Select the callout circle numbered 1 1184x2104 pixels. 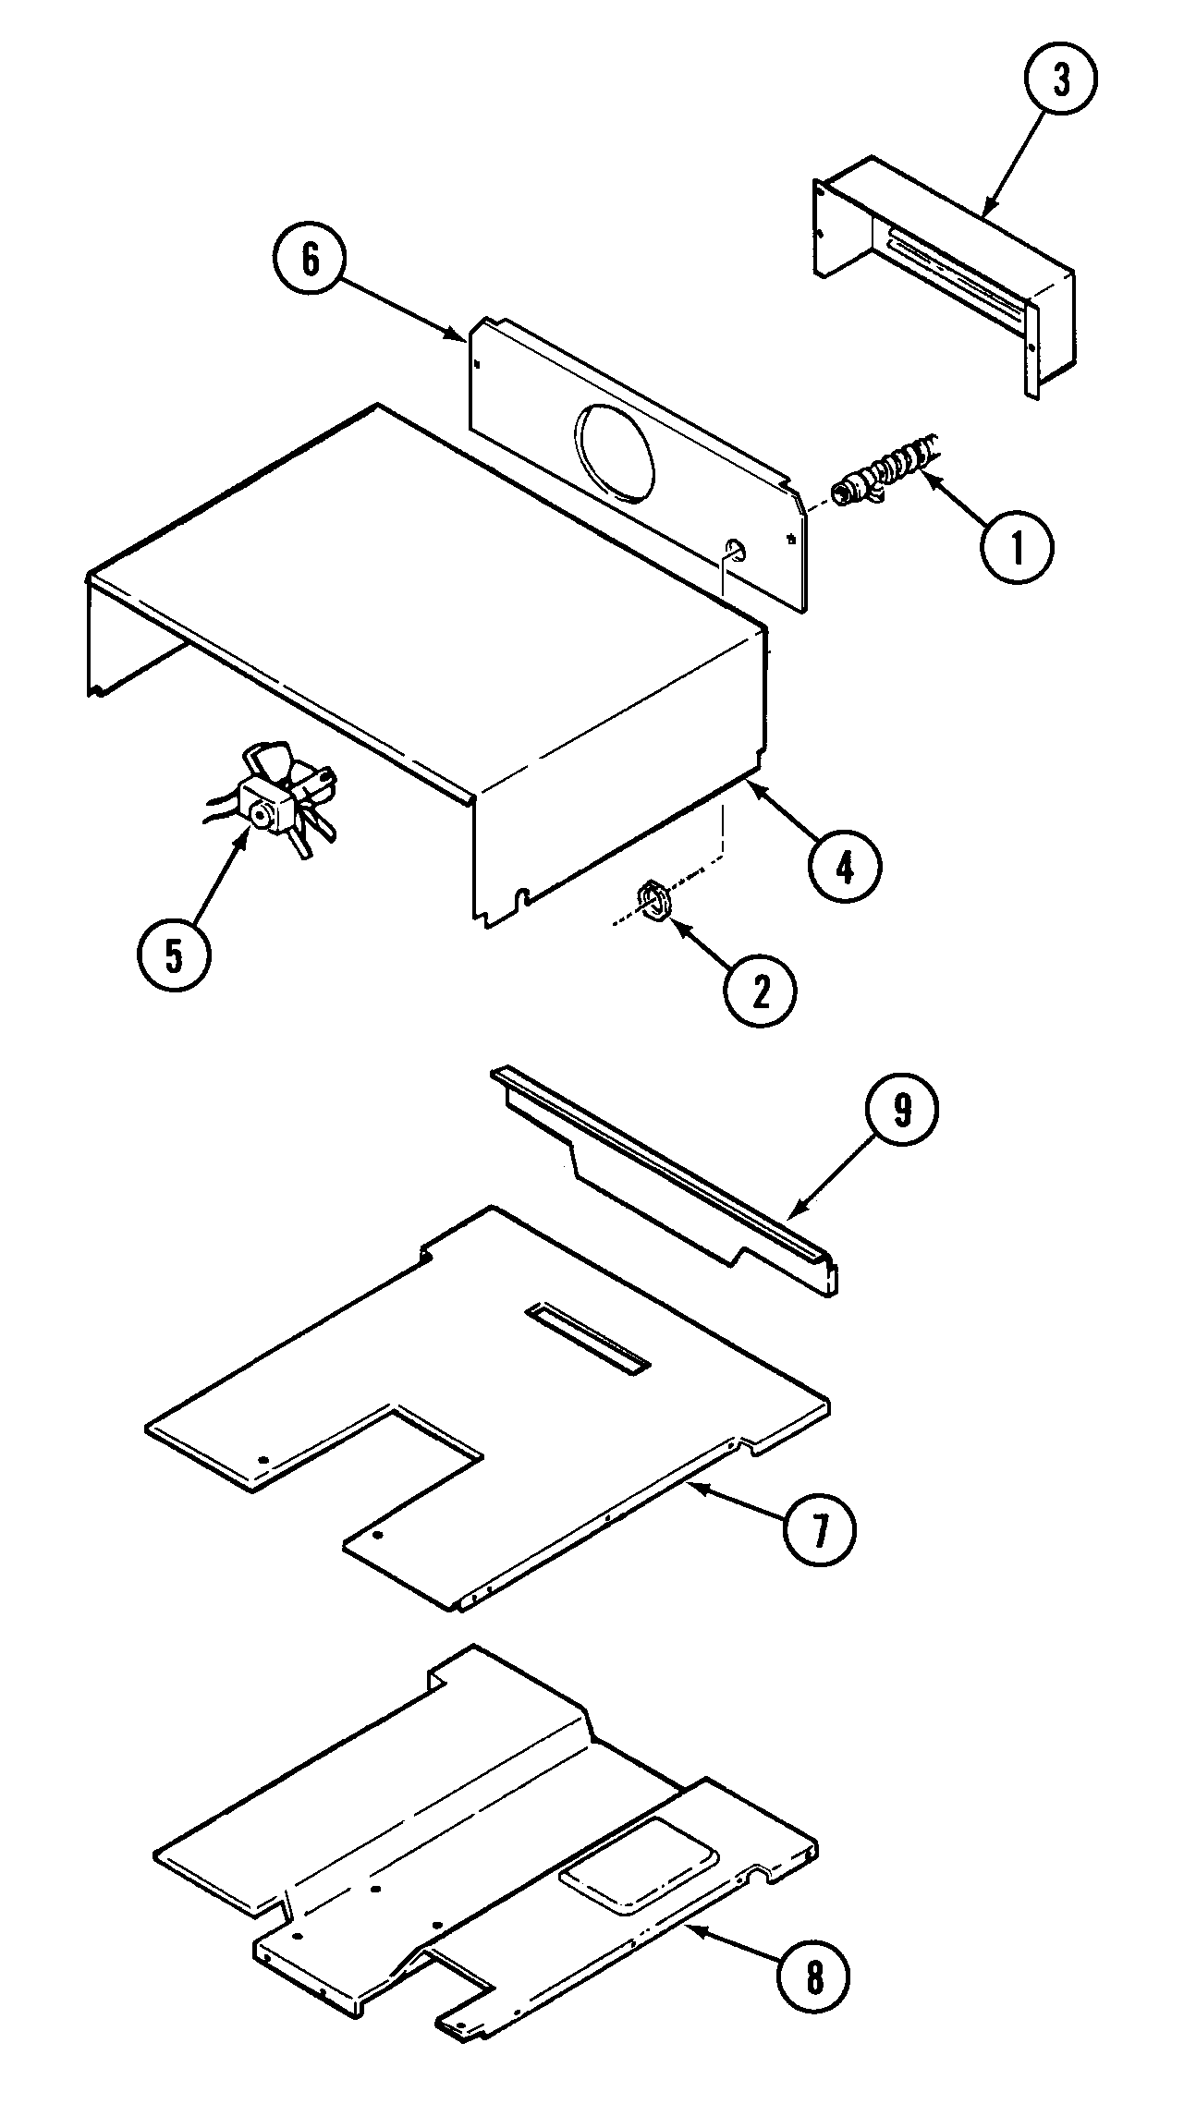tap(1017, 547)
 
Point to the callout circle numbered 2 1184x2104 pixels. tap(760, 990)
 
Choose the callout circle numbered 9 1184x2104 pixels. tap(901, 1111)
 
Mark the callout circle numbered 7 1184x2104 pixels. tap(819, 1529)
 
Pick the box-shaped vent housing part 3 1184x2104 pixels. tap(943, 268)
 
